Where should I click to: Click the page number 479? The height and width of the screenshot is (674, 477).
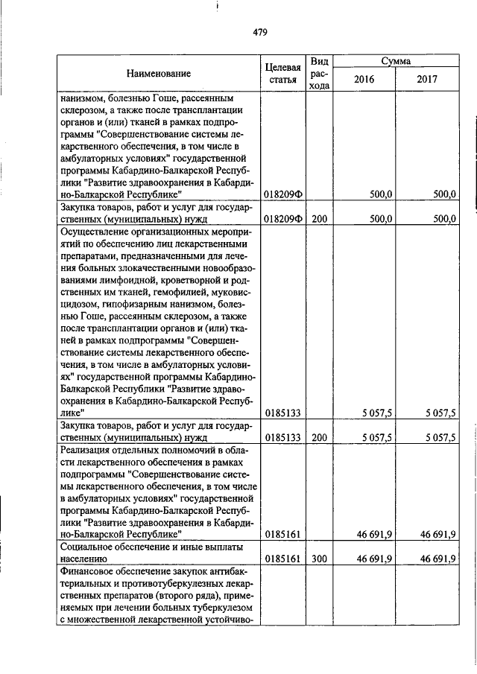point(259,32)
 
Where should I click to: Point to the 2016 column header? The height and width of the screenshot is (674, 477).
point(364,79)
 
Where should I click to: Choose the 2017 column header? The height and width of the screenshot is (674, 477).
point(427,79)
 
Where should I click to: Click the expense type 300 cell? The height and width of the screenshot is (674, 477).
point(320,558)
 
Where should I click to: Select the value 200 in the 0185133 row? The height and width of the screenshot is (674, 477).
point(320,437)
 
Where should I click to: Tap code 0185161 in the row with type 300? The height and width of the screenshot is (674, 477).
point(282,558)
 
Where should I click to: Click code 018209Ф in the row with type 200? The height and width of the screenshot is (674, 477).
point(282,219)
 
